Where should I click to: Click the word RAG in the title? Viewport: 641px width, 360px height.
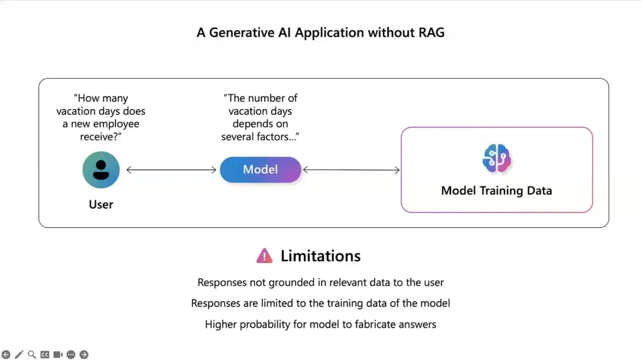pyautogui.click(x=431, y=33)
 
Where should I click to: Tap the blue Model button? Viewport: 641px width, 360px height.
pyautogui.click(x=260, y=170)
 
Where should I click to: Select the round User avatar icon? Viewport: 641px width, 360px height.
pyautogui.click(x=101, y=170)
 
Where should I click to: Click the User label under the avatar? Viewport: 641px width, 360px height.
pyautogui.click(x=101, y=204)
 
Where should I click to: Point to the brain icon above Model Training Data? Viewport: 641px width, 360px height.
pyautogui.click(x=497, y=158)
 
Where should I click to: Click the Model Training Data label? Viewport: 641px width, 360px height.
pyautogui.click(x=497, y=190)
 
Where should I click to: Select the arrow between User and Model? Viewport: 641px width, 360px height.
pyautogui.click(x=171, y=170)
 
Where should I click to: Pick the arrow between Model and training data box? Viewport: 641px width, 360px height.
pyautogui.click(x=351, y=170)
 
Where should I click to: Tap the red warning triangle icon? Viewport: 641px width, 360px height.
pyautogui.click(x=265, y=256)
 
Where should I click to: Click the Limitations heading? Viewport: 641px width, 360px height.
pyautogui.click(x=320, y=256)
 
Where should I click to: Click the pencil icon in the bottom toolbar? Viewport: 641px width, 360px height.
pyautogui.click(x=19, y=354)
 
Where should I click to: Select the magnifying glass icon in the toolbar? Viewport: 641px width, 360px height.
pyautogui.click(x=32, y=354)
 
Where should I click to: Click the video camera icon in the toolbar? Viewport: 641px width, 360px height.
pyautogui.click(x=58, y=354)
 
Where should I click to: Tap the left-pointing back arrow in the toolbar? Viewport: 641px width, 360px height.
pyautogui.click(x=6, y=354)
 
